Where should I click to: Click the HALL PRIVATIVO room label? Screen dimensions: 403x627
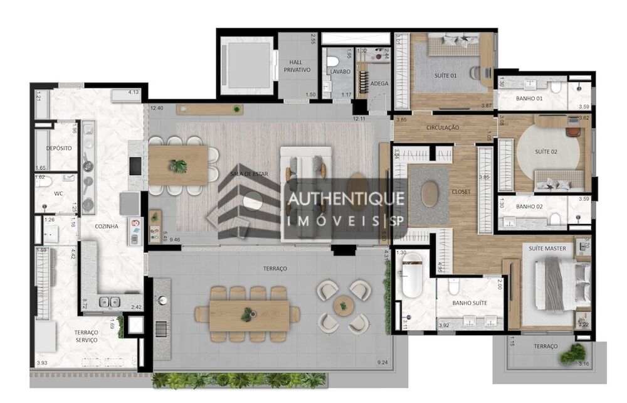coord(297,66)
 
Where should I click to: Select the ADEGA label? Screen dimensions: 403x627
coord(379,83)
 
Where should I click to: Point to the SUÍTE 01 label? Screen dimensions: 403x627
coord(446,76)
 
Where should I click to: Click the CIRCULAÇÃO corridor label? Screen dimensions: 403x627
coord(443,127)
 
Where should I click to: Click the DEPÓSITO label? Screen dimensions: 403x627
coord(58,148)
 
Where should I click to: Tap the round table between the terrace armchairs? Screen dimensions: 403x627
coord(341,306)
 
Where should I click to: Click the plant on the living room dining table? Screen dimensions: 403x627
coord(179,166)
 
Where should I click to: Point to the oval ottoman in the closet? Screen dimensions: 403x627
coord(431,193)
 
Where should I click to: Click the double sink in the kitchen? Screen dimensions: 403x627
coord(109,302)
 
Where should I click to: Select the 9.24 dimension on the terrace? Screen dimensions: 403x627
coord(382,362)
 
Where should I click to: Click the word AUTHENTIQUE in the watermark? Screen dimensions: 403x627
coord(345,199)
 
